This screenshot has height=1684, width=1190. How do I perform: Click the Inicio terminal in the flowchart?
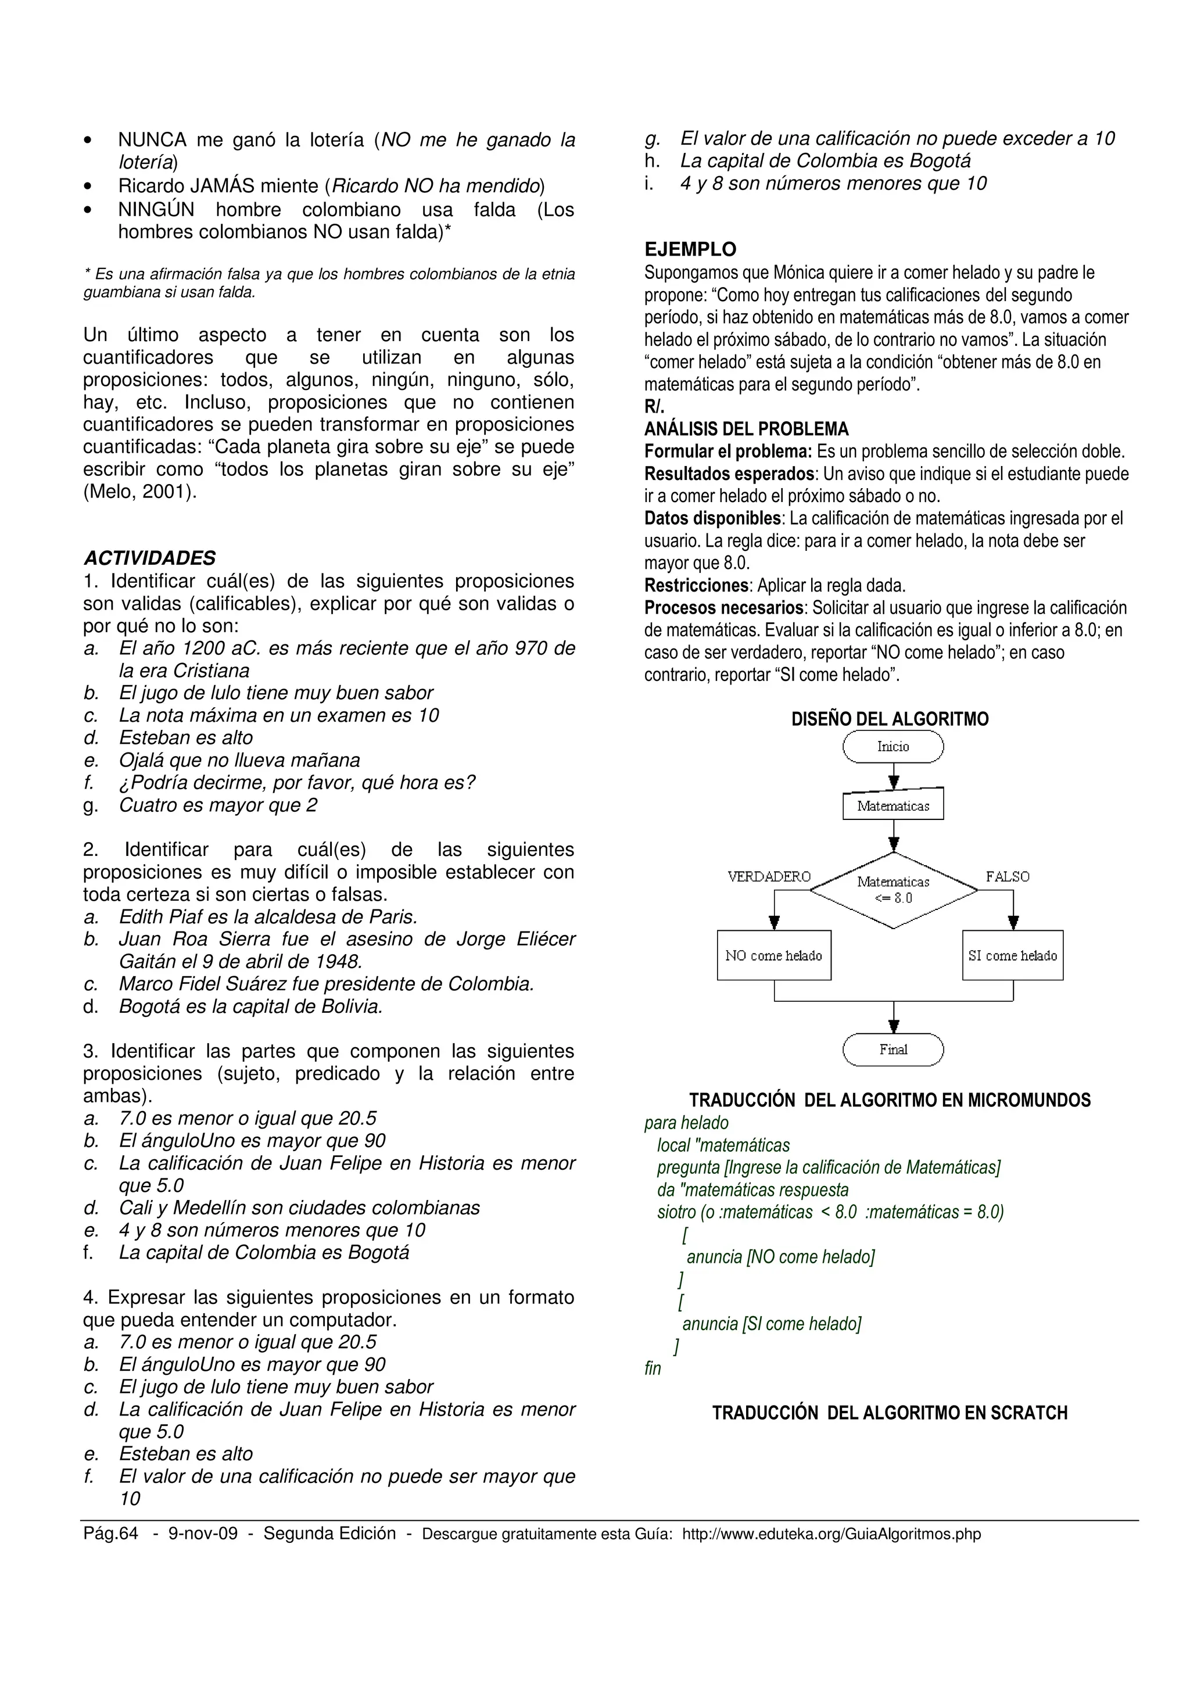pos(892,747)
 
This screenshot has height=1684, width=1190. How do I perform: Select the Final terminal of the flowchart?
pos(892,1049)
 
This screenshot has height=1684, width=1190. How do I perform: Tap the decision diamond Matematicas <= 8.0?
pos(892,890)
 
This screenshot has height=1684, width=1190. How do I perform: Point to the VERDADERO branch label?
pos(768,876)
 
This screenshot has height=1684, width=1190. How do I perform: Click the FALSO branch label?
pos(1008,876)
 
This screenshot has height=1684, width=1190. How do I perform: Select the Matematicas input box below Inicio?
pos(892,805)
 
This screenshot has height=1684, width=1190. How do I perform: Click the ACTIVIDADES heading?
pos(149,558)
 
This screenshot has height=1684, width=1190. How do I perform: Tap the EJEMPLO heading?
pos(690,249)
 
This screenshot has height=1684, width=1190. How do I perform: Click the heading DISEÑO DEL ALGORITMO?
pos(890,719)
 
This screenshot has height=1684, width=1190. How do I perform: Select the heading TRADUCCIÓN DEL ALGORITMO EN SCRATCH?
pos(890,1413)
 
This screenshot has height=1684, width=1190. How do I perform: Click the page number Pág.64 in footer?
pos(111,1533)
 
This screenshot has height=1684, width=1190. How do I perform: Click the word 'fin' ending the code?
pos(653,1368)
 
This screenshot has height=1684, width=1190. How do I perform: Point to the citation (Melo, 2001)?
pos(140,492)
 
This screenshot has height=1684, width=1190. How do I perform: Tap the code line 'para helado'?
pos(686,1123)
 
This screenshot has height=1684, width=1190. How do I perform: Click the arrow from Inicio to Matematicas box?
pos(892,775)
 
